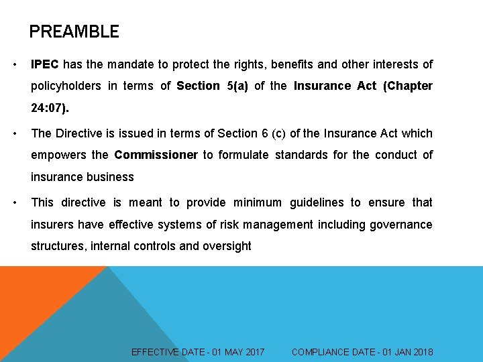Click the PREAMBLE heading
74,32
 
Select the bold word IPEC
45,64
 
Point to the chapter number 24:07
48,107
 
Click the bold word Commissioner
156,155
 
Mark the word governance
399,224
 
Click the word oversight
226,246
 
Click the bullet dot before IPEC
15,64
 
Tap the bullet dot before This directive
15,202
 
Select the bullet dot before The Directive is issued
15,133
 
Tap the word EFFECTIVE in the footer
155,352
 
